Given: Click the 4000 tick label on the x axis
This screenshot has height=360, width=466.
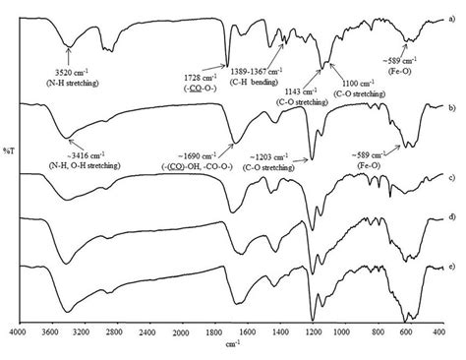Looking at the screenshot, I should click(18, 333).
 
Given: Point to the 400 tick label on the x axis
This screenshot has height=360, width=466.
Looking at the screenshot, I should click(437, 333).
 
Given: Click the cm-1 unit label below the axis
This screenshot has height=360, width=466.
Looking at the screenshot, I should click(227, 346).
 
